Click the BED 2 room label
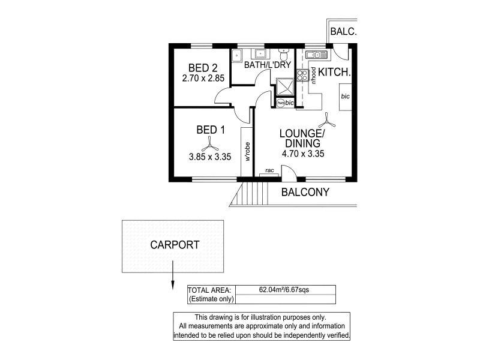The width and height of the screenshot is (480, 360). coord(202,67)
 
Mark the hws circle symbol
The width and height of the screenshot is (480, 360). coord(281,103)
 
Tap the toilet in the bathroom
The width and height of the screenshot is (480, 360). coord(284,53)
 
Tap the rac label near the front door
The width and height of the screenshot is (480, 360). coord(269,171)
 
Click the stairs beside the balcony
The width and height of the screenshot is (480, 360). coord(251,194)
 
